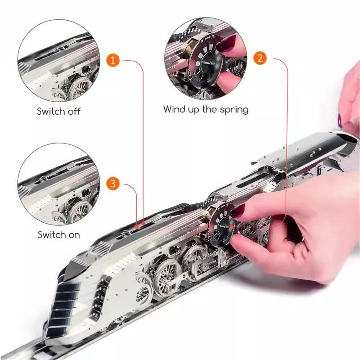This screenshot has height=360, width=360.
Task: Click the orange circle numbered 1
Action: [x=113, y=60]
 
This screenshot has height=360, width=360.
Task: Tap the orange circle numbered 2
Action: [x=260, y=58]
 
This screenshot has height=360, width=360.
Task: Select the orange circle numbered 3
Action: [x=113, y=184]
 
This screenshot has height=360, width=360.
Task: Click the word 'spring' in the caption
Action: [x=234, y=110]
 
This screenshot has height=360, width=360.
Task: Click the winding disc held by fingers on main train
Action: [x=221, y=225]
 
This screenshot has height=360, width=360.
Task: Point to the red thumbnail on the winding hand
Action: [x=239, y=211]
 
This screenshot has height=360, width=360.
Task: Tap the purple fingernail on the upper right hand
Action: [x=340, y=121]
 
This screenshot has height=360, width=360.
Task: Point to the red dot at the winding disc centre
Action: [x=232, y=227]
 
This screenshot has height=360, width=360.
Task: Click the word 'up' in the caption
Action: [x=194, y=110]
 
